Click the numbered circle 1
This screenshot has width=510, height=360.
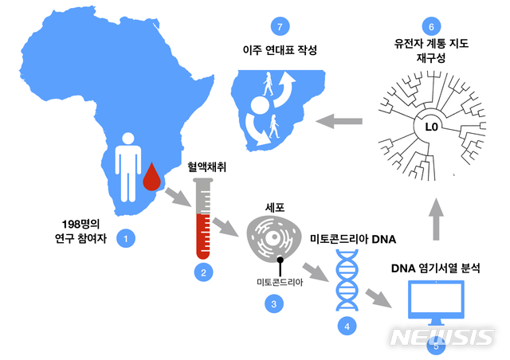pos(124,237)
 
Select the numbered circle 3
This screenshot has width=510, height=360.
pos(273,303)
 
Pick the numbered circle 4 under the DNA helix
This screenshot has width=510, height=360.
pos(346,325)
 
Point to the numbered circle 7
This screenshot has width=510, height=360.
pos(278,25)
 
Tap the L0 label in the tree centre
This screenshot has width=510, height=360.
pos(431,127)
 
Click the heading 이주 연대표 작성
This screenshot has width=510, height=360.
pos(279,49)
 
